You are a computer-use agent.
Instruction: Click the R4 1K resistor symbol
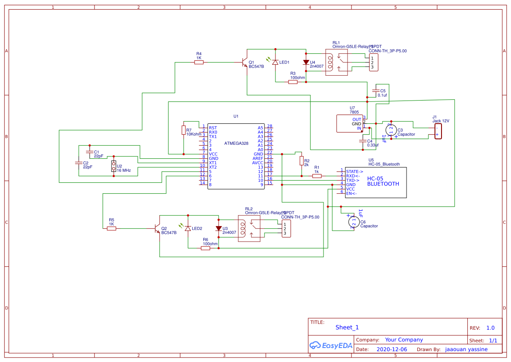199,63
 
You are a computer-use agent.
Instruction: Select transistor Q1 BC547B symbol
245,63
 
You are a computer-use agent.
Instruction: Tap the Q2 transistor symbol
157,228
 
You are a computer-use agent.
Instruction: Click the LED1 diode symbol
275,63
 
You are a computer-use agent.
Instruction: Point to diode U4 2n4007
306,63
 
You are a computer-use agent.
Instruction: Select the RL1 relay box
337,63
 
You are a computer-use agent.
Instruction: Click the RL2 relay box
250,228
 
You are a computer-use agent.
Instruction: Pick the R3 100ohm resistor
293,82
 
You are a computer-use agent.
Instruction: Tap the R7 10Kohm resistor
184,130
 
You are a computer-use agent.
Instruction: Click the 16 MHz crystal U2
114,166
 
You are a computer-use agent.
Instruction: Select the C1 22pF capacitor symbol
90,152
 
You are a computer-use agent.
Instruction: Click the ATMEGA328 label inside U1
236,143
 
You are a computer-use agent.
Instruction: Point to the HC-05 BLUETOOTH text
383,181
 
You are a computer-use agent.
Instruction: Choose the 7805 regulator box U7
349,123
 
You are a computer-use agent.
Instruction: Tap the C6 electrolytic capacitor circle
354,222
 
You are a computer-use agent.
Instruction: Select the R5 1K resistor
111,228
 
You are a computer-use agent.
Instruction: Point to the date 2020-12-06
392,349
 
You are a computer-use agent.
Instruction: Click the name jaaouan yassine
466,349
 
